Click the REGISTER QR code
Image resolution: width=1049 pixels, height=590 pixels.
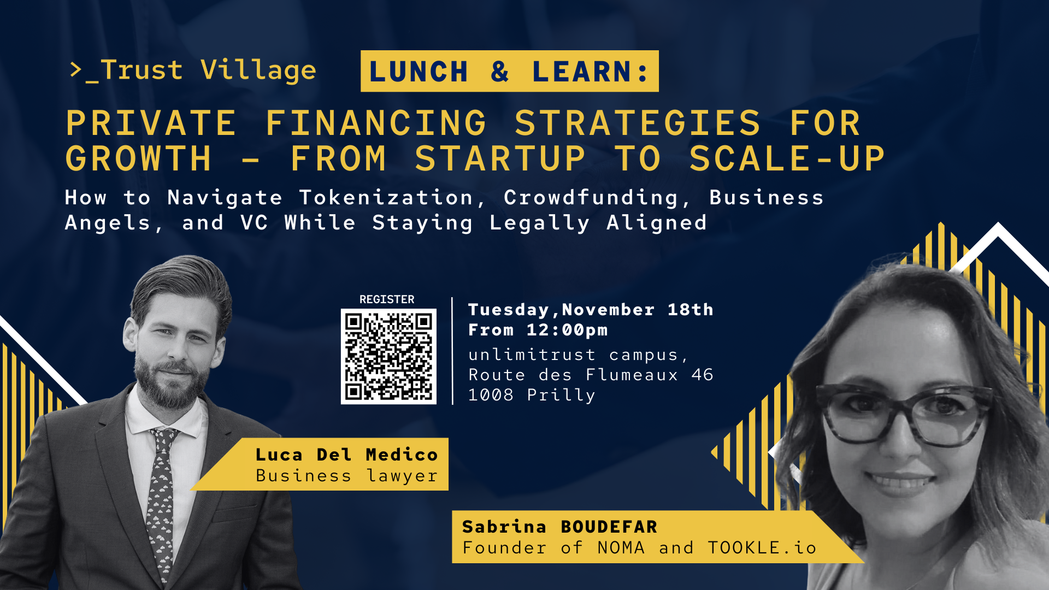click(x=388, y=356)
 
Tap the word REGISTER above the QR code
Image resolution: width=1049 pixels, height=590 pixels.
click(x=387, y=299)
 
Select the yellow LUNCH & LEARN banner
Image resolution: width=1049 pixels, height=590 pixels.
click(x=509, y=72)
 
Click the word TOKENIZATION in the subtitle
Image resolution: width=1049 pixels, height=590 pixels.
click(x=386, y=198)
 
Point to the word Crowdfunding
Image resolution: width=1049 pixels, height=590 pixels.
click(x=591, y=198)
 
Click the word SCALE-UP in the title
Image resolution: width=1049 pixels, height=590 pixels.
click(x=786, y=159)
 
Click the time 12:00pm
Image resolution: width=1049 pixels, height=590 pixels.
click(x=567, y=330)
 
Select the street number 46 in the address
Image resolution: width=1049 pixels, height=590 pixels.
click(x=702, y=375)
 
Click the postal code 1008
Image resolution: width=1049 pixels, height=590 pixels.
click(x=491, y=395)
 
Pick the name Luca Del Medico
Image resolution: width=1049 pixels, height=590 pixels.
click(x=346, y=455)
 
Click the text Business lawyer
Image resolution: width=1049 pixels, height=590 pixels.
click(x=346, y=476)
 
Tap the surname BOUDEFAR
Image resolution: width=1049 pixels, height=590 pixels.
click(x=609, y=527)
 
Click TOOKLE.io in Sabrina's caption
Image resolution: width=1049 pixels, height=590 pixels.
click(x=762, y=547)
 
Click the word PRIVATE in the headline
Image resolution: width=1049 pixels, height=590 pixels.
click(x=151, y=123)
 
